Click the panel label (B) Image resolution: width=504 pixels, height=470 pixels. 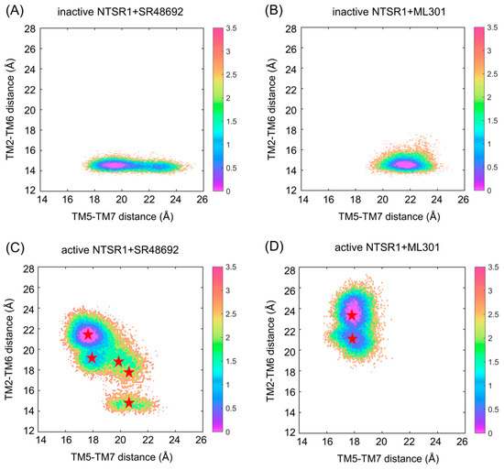point(272,10)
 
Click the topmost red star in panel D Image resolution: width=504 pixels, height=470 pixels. point(352,315)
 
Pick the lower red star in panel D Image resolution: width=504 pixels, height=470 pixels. point(352,339)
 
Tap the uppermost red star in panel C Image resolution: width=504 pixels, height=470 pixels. point(88,334)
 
